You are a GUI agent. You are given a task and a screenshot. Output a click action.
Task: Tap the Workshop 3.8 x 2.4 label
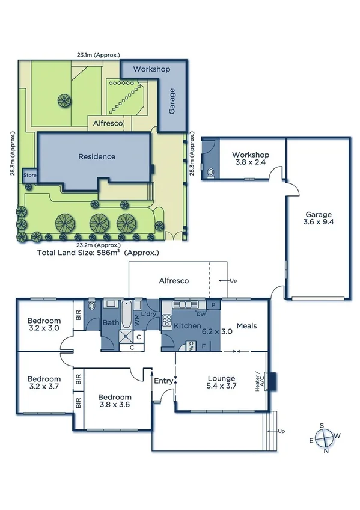(251, 159)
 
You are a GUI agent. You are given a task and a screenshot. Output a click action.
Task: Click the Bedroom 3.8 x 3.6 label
(115, 402)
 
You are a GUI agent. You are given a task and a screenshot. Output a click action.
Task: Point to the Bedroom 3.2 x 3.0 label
(44, 324)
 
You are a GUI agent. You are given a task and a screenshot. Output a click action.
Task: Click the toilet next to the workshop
(209, 173)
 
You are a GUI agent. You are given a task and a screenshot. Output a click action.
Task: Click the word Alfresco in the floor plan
(174, 280)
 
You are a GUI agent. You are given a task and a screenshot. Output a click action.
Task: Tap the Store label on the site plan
(29, 176)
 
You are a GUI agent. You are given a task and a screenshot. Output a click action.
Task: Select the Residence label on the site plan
(96, 156)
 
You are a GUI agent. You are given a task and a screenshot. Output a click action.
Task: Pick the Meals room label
(246, 326)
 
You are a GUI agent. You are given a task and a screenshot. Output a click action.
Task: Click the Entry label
(163, 381)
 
